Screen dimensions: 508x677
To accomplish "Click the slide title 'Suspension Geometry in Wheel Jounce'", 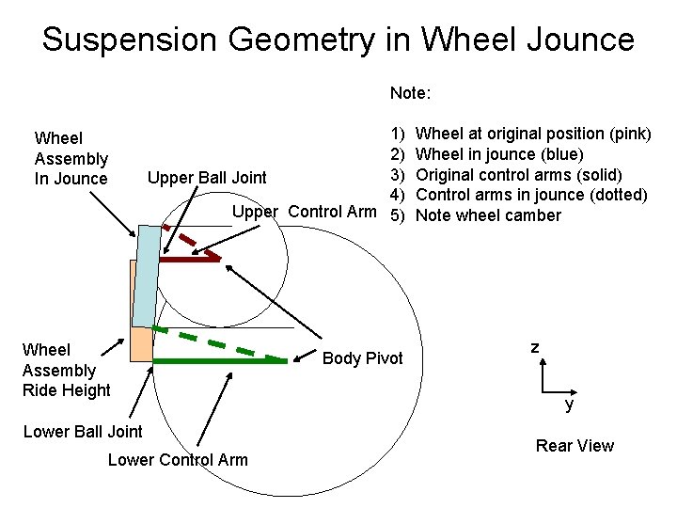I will point(338,40).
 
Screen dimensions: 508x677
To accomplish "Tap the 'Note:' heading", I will point(410,94).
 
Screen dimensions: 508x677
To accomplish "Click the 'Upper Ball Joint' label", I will point(206,178).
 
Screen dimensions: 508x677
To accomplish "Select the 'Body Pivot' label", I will point(362,358).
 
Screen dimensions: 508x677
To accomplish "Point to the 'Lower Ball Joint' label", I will point(83,432).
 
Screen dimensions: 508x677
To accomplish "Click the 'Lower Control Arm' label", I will point(178,460).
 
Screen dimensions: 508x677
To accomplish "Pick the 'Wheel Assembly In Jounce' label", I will point(71,159).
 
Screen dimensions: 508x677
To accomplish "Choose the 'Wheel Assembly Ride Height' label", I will point(66,370).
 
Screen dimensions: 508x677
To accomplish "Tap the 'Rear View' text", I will point(574,446).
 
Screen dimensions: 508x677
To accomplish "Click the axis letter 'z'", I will point(534,348).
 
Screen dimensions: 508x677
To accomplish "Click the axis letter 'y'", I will point(568,405).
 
